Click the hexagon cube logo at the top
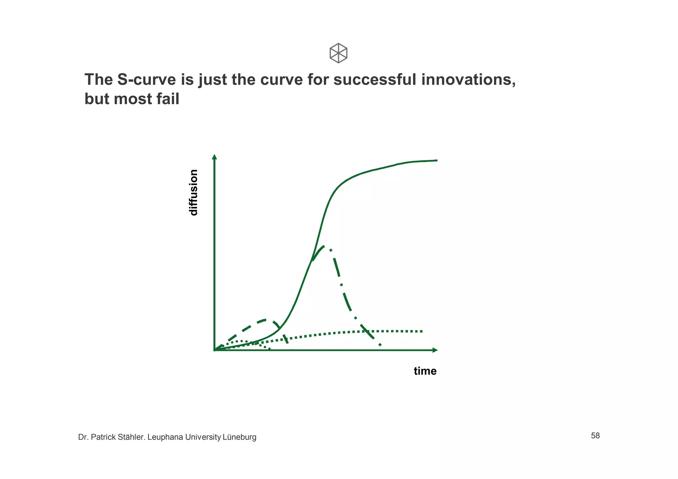[338, 53]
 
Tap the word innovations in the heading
[468, 80]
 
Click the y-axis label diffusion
[193, 192]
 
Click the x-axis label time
[425, 371]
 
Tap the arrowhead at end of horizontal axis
[435, 350]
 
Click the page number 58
[595, 436]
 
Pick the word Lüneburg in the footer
[239, 437]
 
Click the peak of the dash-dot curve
[324, 246]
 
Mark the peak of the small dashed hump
[265, 320]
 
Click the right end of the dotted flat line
[422, 331]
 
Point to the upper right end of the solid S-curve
[436, 160]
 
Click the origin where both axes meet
[215, 350]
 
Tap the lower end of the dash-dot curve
[380, 345]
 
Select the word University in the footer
[203, 437]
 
